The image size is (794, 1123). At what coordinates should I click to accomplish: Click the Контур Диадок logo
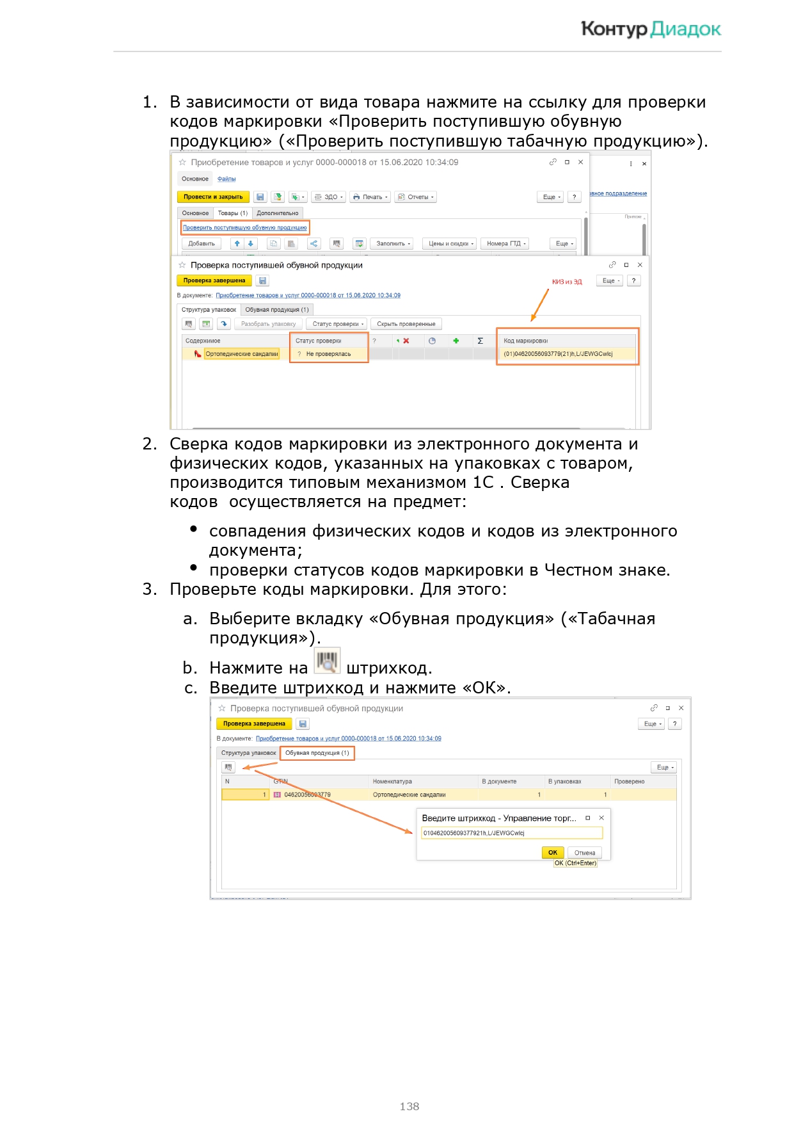[650, 29]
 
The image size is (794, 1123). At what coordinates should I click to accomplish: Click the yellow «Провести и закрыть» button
[212, 197]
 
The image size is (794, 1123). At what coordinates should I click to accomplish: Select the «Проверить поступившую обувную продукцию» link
[244, 227]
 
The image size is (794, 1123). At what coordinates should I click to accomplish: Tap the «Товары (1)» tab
[232, 213]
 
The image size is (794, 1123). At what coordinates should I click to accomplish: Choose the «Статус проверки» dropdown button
[338, 324]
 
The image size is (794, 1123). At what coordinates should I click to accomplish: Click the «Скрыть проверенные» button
[406, 324]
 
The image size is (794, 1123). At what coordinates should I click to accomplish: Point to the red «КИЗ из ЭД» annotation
[567, 282]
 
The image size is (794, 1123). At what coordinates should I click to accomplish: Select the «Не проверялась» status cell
[328, 353]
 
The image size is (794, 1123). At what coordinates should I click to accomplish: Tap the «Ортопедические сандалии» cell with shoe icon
[241, 353]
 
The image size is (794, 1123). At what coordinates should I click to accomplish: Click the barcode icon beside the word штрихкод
[327, 661]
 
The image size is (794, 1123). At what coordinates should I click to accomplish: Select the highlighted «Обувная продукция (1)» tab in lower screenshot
[317, 753]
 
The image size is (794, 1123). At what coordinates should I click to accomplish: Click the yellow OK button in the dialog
[552, 852]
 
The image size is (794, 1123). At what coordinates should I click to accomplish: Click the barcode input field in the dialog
[511, 833]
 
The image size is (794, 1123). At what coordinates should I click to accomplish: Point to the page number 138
[409, 1106]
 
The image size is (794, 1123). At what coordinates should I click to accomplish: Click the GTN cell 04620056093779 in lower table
[307, 795]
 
